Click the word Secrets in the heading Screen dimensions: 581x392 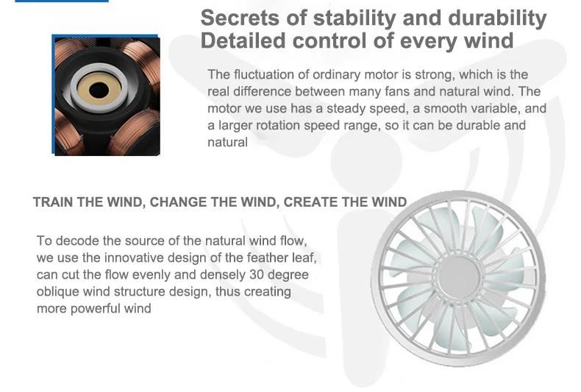pos(240,18)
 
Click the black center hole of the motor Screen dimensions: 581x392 pos(99,90)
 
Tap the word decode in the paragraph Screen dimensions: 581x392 pos(77,240)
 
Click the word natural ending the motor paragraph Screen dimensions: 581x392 pos(227,142)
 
